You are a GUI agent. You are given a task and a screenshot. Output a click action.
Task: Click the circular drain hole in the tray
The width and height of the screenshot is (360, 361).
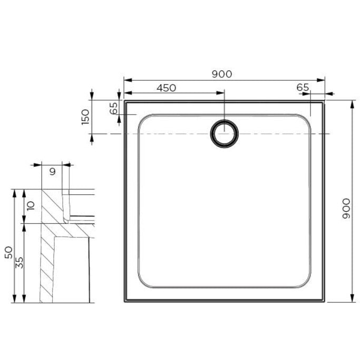225,134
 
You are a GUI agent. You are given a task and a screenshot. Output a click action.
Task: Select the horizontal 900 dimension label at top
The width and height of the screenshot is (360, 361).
221,74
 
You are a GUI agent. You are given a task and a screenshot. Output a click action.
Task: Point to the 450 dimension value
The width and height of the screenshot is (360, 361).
166,88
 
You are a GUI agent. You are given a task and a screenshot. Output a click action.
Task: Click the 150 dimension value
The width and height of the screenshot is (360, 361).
86,116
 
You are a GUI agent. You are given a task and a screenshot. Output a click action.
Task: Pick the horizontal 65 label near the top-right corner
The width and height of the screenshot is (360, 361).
303,88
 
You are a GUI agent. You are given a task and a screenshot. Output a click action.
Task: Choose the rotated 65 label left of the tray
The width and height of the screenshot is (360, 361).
113,109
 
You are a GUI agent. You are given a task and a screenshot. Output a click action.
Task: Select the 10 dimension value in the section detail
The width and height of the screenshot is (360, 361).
30,206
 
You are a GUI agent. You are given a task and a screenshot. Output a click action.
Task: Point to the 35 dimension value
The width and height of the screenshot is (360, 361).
20,263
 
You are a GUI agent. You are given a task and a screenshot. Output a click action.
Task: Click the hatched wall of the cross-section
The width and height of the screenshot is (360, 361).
47,253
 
